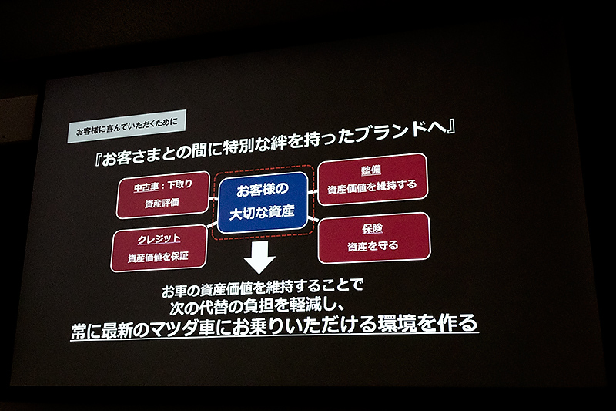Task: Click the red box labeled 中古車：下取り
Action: (163, 194)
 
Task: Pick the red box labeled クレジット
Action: (159, 248)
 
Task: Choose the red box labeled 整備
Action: (372, 178)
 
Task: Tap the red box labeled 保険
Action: (373, 237)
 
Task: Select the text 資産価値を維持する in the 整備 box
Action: (372, 187)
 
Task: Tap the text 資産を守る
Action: (373, 247)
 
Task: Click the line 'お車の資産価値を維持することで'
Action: (262, 289)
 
